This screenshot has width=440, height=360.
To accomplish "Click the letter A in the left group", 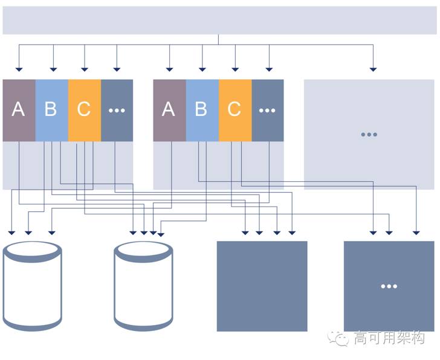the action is pyautogui.click(x=18, y=109).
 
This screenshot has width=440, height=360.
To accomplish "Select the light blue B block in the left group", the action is pyautogui.click(x=52, y=110).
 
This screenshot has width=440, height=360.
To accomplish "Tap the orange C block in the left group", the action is pyautogui.click(x=85, y=110).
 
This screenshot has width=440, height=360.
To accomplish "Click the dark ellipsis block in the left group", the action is pyautogui.click(x=117, y=110).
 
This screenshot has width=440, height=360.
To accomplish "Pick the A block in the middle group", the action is pyautogui.click(x=169, y=110).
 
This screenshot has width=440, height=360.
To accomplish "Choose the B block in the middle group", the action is pyautogui.click(x=202, y=110).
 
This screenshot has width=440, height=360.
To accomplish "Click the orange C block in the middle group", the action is pyautogui.click(x=235, y=110).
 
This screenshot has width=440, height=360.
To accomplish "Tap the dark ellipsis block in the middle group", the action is pyautogui.click(x=268, y=110).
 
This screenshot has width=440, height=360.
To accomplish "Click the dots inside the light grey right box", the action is pyautogui.click(x=369, y=135).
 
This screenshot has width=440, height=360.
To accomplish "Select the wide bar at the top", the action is pyautogui.click(x=219, y=20).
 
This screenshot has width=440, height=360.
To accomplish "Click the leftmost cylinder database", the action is pyautogui.click(x=32, y=286).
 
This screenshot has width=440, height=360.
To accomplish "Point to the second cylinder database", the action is pyautogui.click(x=143, y=286).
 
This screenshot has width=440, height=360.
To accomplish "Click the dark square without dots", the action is pyautogui.click(x=262, y=286).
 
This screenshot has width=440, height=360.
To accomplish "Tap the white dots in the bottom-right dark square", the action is pyautogui.click(x=389, y=286).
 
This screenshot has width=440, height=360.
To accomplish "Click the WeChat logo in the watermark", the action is pyautogui.click(x=338, y=338).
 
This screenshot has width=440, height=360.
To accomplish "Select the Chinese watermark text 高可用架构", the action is pyautogui.click(x=389, y=338).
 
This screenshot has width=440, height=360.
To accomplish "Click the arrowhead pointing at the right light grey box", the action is pyautogui.click(x=373, y=69).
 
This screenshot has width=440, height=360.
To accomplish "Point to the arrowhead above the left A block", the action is pyautogui.click(x=19, y=69).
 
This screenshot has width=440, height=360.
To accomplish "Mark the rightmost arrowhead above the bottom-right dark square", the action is pyautogui.click(x=416, y=233).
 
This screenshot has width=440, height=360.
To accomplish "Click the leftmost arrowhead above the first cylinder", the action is pyautogui.click(x=11, y=233).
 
